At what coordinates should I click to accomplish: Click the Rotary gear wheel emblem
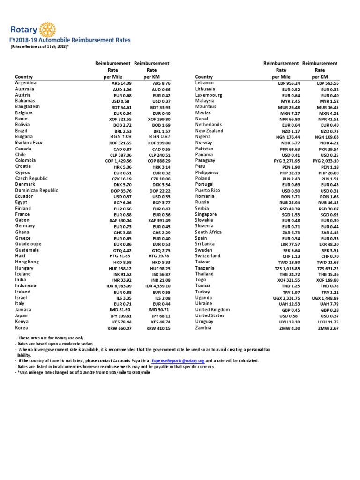[47, 30]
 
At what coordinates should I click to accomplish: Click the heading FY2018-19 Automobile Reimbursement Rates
[70, 41]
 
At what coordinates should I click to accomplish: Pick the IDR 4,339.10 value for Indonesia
[157, 286]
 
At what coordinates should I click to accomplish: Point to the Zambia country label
[204, 328]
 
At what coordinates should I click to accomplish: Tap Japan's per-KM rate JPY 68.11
[159, 316]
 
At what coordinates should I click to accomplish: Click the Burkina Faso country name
[29, 142]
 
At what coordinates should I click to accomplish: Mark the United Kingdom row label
[212, 310]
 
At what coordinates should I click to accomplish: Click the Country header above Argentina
[23, 77]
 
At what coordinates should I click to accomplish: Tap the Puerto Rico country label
[207, 191]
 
